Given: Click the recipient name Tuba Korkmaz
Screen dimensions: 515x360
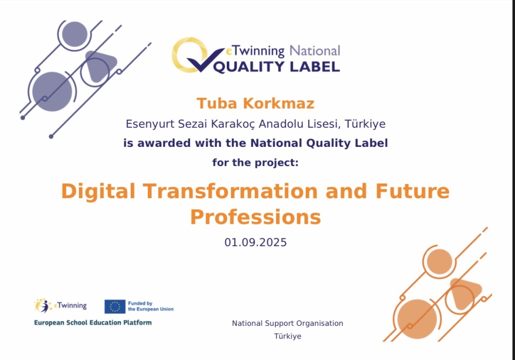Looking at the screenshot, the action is pos(255,104).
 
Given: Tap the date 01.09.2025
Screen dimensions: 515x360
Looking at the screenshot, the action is pos(255,242).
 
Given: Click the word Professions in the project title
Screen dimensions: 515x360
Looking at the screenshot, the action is pos(255,217).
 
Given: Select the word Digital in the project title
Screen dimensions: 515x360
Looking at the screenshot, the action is pos(98,192).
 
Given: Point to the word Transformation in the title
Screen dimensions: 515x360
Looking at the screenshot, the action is pos(230,191).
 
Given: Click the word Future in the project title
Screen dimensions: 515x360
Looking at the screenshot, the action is pos(412,191).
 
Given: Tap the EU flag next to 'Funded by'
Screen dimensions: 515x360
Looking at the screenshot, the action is pos(115,307).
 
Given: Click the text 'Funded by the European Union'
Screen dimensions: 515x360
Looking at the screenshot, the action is pos(151,306).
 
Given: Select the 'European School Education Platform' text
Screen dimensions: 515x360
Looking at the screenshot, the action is pos(93,323).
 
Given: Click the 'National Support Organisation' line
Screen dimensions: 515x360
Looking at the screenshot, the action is pos(288,323).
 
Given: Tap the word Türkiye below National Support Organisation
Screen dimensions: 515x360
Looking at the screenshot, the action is pos(288,336).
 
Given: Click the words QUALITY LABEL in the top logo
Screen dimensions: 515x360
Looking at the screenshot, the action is pos(277,67).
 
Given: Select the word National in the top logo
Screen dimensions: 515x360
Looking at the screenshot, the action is pos(315,51).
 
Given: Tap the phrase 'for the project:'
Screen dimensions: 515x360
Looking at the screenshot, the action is pos(255,162).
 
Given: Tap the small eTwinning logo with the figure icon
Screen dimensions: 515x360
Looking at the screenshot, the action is pos(60,306).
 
